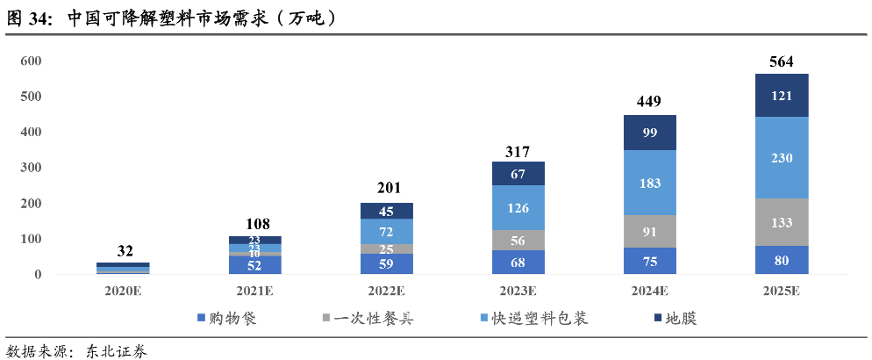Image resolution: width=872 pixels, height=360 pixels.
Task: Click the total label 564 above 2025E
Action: click(781, 61)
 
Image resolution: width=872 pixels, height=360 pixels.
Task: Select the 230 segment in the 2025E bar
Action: click(781, 157)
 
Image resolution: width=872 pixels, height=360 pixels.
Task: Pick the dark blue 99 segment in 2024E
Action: click(649, 133)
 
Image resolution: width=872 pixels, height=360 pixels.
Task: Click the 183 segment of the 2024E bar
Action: click(649, 183)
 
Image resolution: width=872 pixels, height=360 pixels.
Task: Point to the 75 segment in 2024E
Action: click(649, 261)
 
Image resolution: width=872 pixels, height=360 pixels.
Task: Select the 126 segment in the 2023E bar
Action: click(518, 207)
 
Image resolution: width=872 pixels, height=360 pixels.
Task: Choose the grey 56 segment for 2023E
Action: click(518, 240)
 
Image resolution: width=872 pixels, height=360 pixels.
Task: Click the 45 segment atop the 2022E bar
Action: click(387, 211)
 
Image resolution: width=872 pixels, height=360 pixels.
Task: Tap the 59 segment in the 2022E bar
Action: click(387, 263)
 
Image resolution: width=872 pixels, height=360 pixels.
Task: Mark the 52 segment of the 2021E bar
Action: click(255, 265)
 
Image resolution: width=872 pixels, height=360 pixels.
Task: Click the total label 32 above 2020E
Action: click(125, 251)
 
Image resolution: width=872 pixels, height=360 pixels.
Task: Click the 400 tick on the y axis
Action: click(31, 132)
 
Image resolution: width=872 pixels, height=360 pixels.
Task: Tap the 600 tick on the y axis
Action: click(31, 61)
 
